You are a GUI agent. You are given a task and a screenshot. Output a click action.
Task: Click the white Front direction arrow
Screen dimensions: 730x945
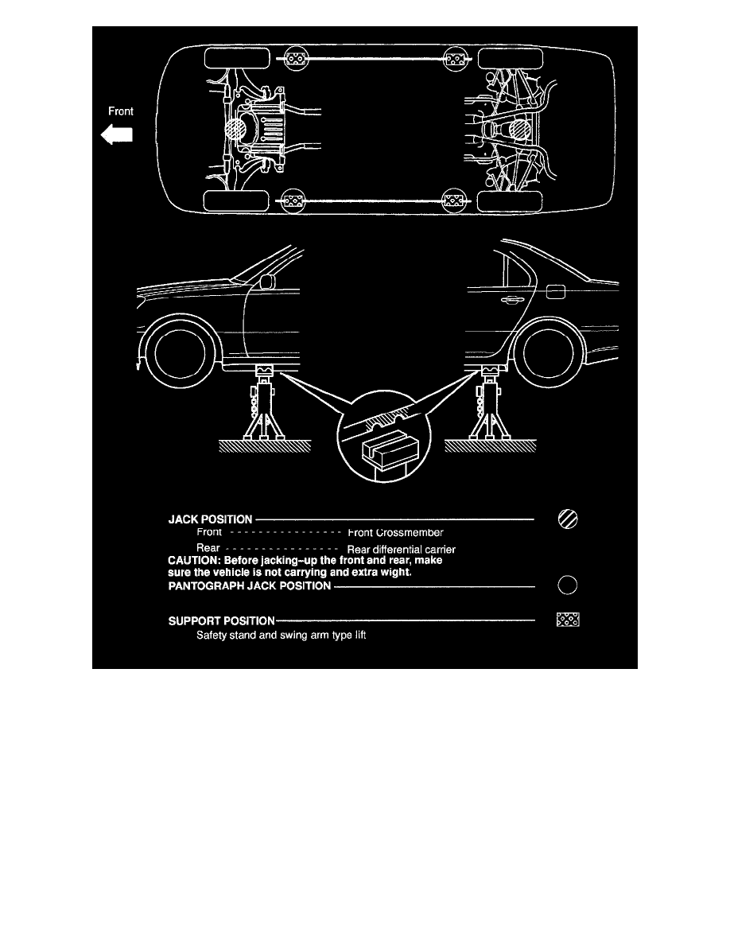[x=116, y=134]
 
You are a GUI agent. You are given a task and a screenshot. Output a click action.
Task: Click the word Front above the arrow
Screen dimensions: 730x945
[x=120, y=111]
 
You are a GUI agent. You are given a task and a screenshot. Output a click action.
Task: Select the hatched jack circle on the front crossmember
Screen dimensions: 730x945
[x=235, y=130]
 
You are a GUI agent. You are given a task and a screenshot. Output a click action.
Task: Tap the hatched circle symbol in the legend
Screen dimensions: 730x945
[x=568, y=519]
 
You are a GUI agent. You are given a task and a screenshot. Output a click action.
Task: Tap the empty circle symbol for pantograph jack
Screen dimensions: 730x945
[x=568, y=585]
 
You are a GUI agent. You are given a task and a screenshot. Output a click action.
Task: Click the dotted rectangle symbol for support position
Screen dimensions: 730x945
[x=568, y=620]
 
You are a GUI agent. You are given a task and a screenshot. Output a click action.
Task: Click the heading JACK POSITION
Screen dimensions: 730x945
[x=210, y=519]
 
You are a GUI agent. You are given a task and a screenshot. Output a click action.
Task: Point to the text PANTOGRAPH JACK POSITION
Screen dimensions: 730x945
[x=250, y=585]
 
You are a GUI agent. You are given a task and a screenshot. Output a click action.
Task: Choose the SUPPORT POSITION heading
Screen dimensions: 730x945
[x=221, y=620]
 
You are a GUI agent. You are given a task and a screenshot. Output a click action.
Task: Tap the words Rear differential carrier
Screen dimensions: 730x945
[x=401, y=550]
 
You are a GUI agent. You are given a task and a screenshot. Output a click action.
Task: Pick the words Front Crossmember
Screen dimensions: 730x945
[x=395, y=533]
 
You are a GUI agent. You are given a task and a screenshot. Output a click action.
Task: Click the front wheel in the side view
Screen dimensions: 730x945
[x=180, y=355]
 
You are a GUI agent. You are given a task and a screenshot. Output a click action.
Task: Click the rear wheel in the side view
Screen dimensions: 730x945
[x=548, y=354]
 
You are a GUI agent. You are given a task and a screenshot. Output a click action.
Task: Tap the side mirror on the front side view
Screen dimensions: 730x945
[x=267, y=282]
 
